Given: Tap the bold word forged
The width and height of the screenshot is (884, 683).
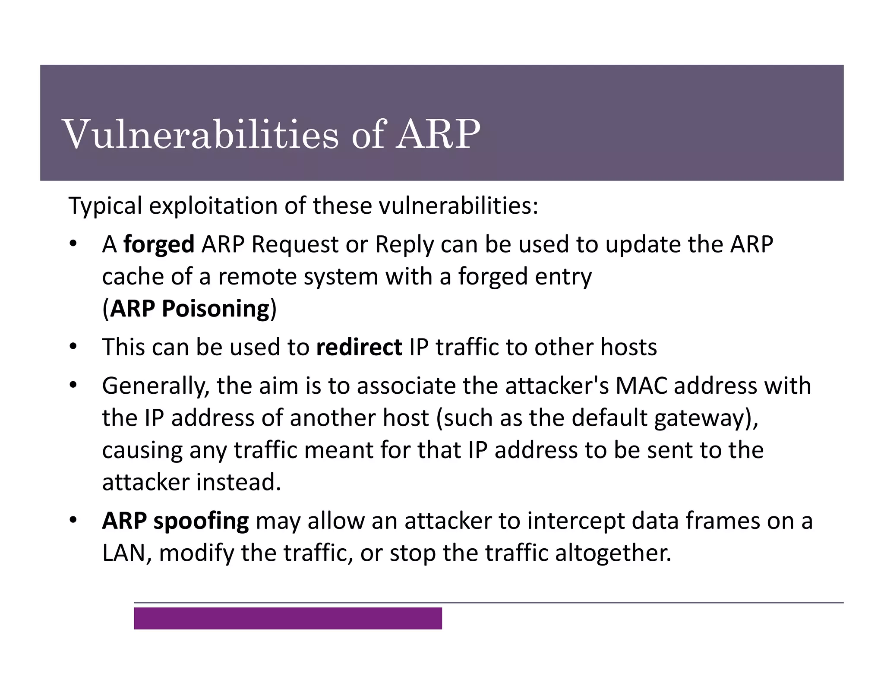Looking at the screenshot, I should [159, 244].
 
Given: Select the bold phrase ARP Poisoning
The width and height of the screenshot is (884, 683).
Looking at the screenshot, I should [189, 309].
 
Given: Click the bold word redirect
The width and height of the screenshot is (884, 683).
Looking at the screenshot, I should [359, 347].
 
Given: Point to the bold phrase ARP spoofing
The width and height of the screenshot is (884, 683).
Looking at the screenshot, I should [175, 521].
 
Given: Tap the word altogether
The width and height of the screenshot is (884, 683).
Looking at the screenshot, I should [612, 553].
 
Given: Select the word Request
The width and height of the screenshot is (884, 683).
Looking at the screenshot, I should [295, 244].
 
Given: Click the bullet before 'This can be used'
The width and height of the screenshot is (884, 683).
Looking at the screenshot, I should [73, 347].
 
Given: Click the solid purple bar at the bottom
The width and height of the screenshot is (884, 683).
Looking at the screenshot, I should [287, 618].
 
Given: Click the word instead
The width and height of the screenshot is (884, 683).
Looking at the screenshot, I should [238, 482].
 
